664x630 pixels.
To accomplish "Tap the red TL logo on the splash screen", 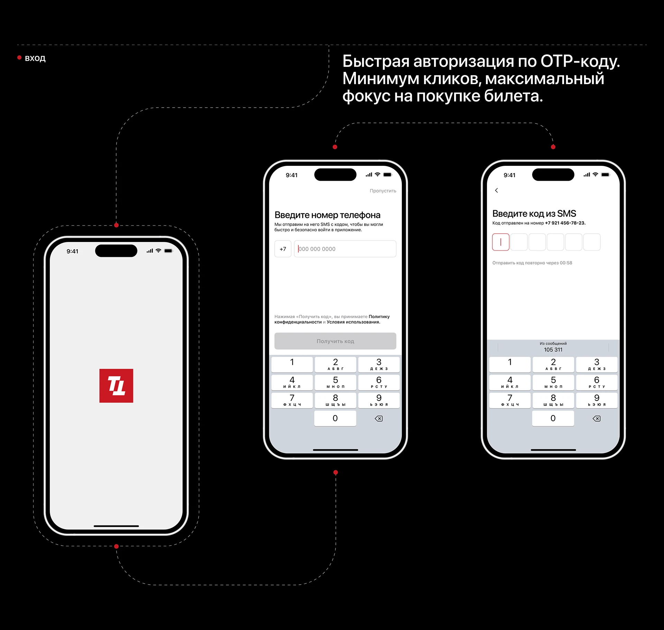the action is click(x=116, y=386).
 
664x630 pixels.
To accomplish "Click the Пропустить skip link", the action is click(x=383, y=191).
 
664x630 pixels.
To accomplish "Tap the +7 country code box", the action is click(x=283, y=249).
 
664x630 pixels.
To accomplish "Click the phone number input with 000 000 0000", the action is click(x=345, y=249).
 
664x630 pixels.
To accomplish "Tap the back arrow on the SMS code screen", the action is click(x=497, y=190).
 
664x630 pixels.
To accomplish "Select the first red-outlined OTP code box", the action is click(x=501, y=242).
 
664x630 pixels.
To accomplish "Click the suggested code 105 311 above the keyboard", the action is click(x=553, y=350).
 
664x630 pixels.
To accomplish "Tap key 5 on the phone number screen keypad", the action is click(x=335, y=382).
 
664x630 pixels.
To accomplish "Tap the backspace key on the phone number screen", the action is click(x=379, y=418).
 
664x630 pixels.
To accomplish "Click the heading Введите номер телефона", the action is click(x=327, y=215).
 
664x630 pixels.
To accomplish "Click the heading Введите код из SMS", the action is click(x=534, y=214).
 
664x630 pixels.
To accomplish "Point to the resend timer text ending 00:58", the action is click(x=532, y=263).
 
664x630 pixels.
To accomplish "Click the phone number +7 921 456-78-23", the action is click(x=565, y=223).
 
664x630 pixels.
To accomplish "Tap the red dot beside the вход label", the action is click(x=19, y=57).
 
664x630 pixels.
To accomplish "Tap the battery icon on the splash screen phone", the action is click(x=168, y=251).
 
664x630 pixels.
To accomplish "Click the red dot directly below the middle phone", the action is click(x=335, y=472).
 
